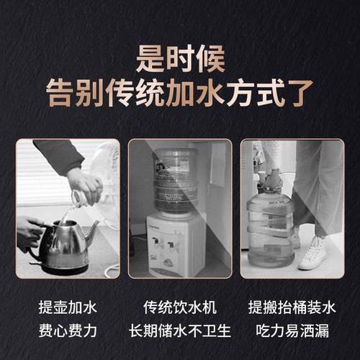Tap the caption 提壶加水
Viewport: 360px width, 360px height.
point(67,308)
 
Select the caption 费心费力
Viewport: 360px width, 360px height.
point(67,332)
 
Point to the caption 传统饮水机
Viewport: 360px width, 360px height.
point(180,308)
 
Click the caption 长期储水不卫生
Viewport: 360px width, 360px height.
point(180,332)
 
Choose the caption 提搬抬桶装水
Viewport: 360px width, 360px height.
point(292,308)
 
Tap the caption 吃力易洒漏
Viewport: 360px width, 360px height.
point(292,332)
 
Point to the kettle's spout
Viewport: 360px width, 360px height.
point(92,232)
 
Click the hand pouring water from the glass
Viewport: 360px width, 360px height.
point(85,184)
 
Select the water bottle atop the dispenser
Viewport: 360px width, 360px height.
point(175,180)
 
